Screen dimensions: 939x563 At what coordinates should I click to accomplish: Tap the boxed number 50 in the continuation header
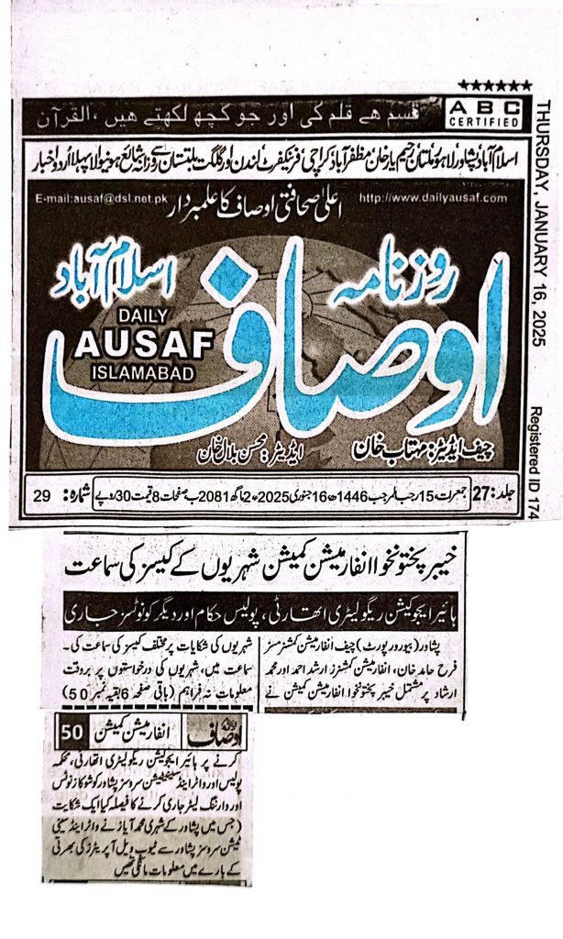tap(71, 734)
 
